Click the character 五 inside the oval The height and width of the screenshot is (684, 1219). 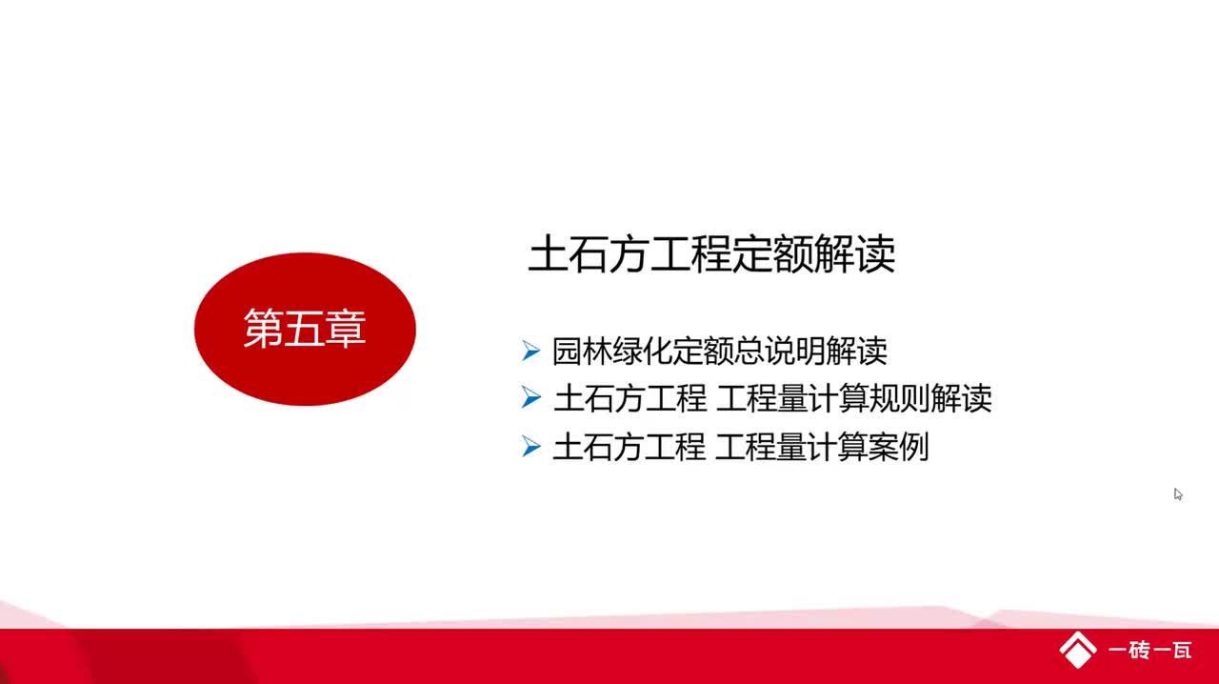pyautogui.click(x=305, y=330)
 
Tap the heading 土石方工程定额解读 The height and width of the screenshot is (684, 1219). pyautogui.click(x=711, y=256)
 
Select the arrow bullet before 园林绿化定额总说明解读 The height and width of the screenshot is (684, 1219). pyautogui.click(x=531, y=351)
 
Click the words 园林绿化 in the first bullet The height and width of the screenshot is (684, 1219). pyautogui.click(x=599, y=352)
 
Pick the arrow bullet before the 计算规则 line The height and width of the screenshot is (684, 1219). pyautogui.click(x=531, y=398)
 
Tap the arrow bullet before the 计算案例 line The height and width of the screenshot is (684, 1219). pyautogui.click(x=531, y=446)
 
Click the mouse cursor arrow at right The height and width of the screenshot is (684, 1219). pyautogui.click(x=1178, y=494)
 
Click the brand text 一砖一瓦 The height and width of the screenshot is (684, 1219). pyautogui.click(x=1150, y=652)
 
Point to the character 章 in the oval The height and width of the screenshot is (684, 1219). pyautogui.click(x=347, y=330)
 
